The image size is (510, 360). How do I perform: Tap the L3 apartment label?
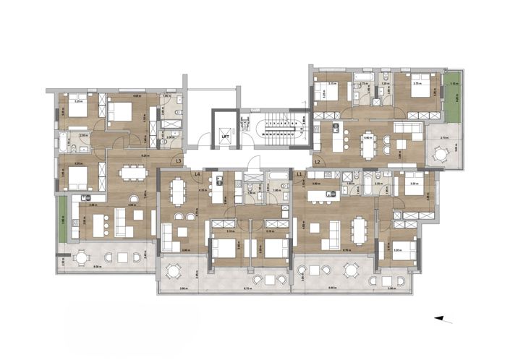(x=179, y=161)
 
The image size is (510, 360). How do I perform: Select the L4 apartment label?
(x=196, y=174)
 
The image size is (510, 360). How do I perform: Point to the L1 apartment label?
(x=299, y=174)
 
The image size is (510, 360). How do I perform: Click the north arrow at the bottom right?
(x=443, y=319)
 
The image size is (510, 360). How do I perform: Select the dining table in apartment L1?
(x=360, y=231)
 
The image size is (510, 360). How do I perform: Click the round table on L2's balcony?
(x=441, y=153)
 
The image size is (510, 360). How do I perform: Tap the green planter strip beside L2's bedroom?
(x=454, y=98)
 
